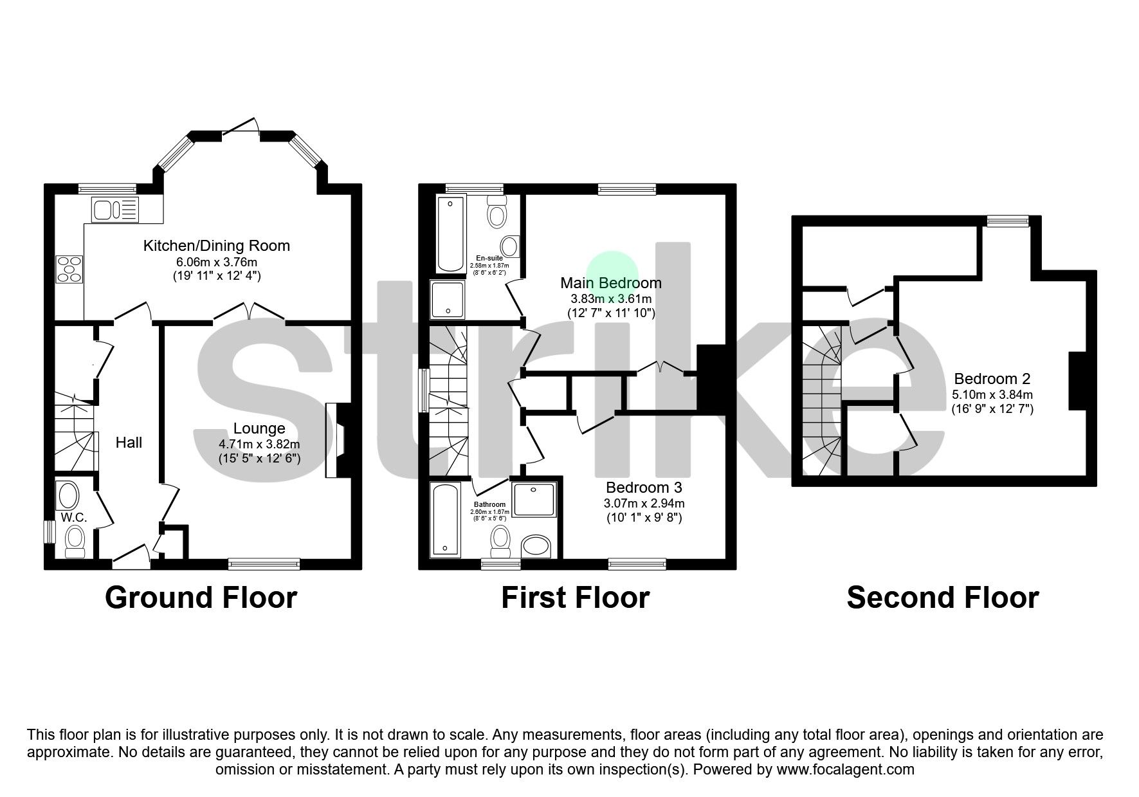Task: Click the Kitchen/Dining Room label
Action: click(216, 246)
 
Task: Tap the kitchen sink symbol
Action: click(116, 210)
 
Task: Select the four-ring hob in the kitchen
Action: click(69, 268)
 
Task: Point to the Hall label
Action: click(129, 443)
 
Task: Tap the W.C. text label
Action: click(74, 518)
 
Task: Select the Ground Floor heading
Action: click(201, 598)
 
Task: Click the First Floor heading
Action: click(575, 598)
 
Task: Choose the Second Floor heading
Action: click(942, 598)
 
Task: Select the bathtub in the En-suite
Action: click(450, 235)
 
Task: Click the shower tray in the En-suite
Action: click(447, 300)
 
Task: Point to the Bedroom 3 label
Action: click(643, 488)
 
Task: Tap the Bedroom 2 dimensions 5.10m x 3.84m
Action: click(992, 394)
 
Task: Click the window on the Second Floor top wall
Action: click(1008, 221)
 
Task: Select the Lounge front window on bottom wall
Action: click(264, 564)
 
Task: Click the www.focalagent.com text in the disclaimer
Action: click(845, 769)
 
